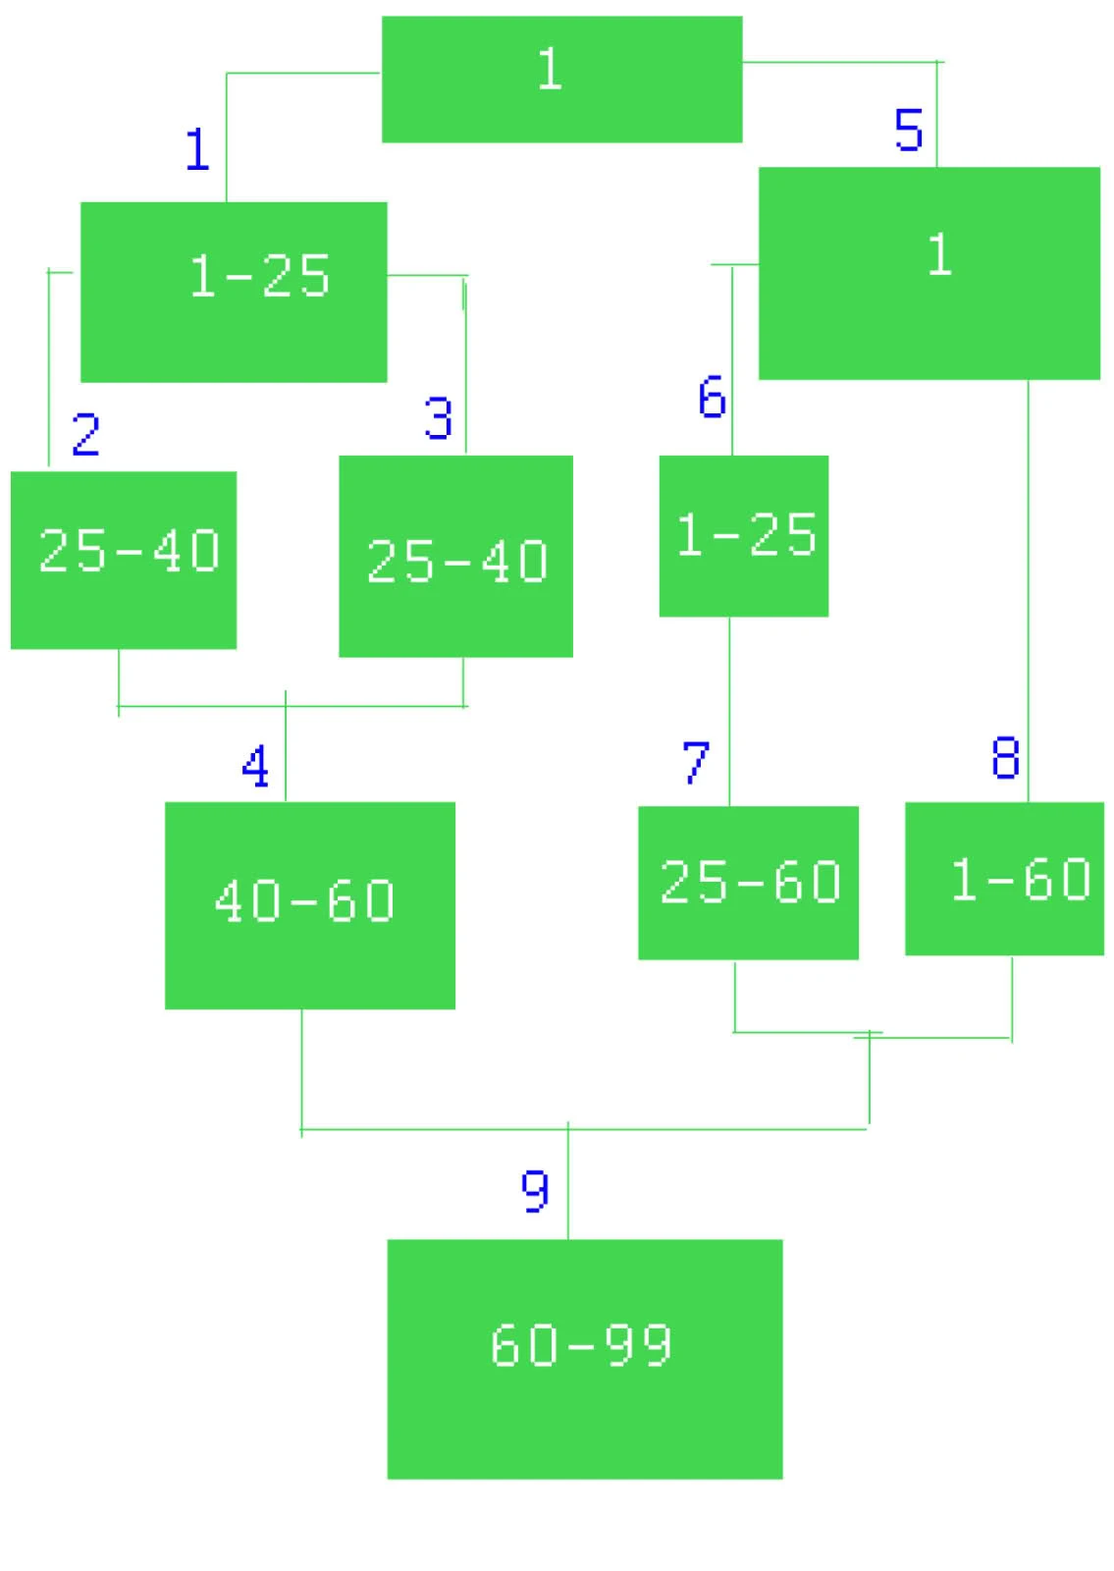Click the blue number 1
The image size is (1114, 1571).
[197, 149]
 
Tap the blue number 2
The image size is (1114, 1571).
[86, 433]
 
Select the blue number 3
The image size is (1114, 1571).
[438, 417]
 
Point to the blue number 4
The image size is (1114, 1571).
[255, 766]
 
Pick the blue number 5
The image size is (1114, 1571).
[909, 130]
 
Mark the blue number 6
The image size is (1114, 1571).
[712, 397]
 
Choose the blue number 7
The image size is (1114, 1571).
[696, 762]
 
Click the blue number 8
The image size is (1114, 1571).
[1005, 758]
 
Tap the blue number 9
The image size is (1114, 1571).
[535, 1190]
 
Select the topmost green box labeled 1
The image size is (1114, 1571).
[561, 80]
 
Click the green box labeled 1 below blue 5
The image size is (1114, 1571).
[928, 273]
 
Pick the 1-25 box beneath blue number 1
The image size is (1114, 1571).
[234, 292]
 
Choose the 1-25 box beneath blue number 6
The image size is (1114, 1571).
[743, 536]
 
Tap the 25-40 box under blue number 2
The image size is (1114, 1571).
[124, 560]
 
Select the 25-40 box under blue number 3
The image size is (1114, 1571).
[455, 556]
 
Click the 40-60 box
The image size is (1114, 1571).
[309, 905]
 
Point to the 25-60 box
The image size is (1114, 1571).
[748, 883]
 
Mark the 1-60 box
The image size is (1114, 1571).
[1004, 879]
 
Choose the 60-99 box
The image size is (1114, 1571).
[584, 1358]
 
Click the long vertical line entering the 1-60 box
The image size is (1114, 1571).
[1029, 589]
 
